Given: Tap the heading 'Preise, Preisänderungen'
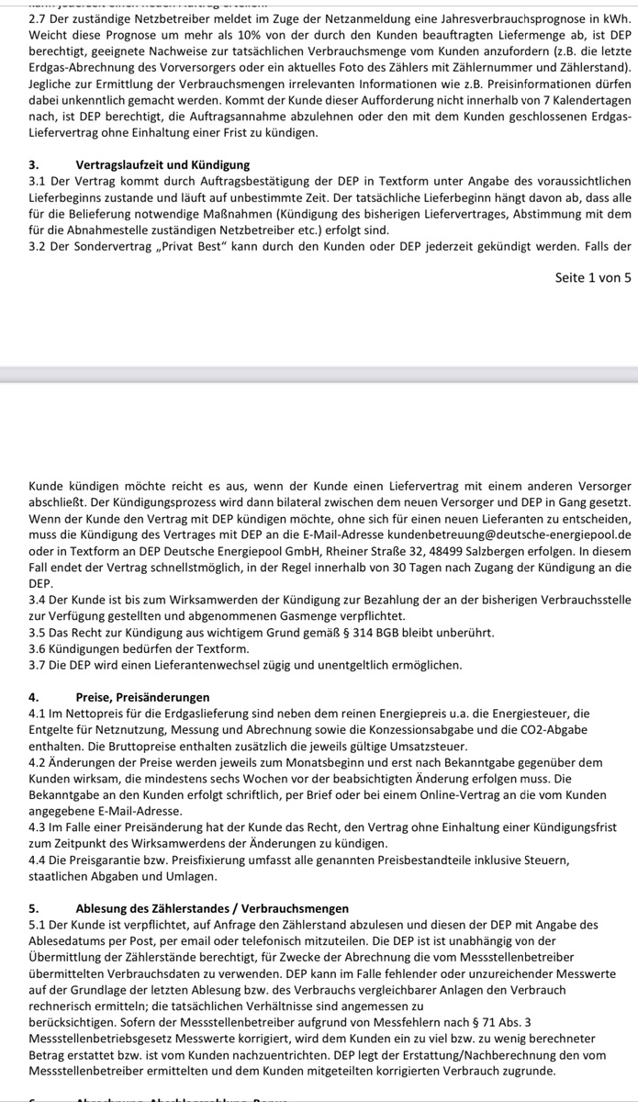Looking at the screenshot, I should pos(142,697).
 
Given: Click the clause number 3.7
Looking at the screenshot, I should pos(39,664).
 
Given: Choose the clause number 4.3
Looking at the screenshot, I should pos(39,827).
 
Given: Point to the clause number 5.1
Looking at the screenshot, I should pos(39,925).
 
